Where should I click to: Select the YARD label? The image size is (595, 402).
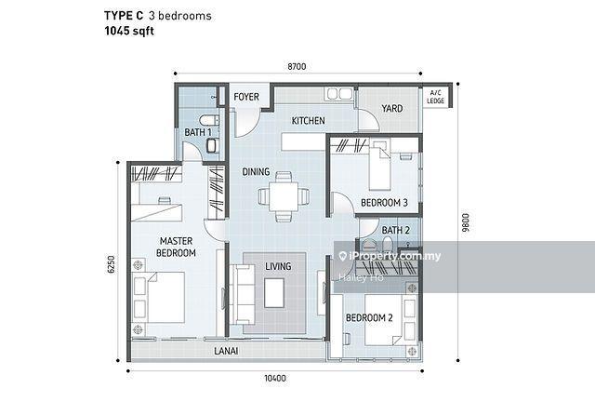click(392, 109)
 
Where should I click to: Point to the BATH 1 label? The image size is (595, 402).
click(197, 133)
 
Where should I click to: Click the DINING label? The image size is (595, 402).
click(257, 172)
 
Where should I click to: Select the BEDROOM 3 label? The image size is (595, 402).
click(384, 203)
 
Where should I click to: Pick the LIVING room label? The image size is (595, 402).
click(278, 267)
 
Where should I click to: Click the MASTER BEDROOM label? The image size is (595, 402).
click(177, 247)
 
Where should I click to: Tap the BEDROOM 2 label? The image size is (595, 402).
click(369, 318)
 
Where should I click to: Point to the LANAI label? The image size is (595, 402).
click(227, 352)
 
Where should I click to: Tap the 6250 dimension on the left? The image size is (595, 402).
click(111, 268)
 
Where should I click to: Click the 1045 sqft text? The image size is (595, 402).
click(131, 31)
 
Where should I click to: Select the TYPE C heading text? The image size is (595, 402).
click(125, 15)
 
